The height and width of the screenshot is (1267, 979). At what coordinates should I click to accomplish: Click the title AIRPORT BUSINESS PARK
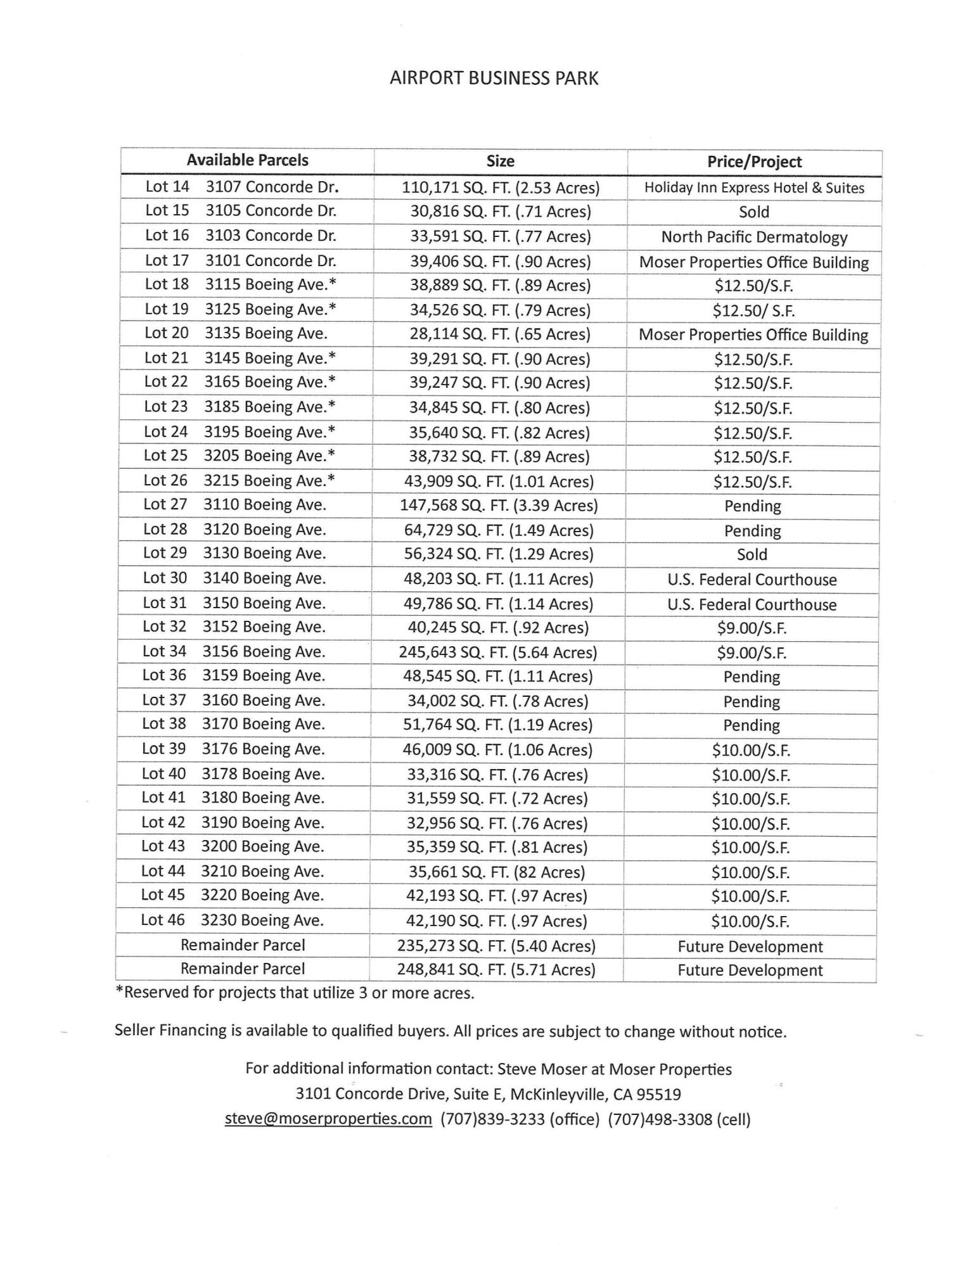[494, 78]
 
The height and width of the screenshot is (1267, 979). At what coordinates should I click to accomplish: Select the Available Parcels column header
[247, 160]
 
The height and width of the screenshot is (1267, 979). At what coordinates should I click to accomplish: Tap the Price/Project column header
[754, 162]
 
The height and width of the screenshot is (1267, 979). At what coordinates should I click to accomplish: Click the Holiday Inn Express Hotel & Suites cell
[754, 188]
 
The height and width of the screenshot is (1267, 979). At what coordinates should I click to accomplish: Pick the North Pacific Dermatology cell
[754, 238]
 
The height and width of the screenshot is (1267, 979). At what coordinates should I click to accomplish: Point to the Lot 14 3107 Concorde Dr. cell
[241, 187]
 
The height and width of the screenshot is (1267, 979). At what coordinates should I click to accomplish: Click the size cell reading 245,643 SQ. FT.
[498, 653]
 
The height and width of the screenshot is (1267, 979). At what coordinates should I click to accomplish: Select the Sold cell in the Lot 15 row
[754, 212]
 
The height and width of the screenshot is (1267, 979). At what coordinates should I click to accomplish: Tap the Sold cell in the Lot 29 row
[752, 555]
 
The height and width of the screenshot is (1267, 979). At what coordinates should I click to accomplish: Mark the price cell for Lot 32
[752, 628]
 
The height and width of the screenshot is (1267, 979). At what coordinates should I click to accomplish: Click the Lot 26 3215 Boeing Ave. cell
[239, 481]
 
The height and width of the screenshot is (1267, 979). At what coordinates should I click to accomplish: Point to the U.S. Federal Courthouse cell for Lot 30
[752, 580]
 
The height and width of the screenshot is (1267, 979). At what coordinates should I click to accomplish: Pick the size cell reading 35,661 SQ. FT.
[497, 872]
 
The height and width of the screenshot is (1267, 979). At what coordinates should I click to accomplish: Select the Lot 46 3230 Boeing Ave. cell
[232, 920]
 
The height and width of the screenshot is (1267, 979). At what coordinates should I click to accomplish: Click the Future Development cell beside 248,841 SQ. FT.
[750, 971]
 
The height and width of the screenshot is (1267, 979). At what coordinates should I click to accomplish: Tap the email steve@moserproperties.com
[328, 1119]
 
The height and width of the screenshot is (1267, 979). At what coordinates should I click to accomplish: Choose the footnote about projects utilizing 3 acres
[294, 993]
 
